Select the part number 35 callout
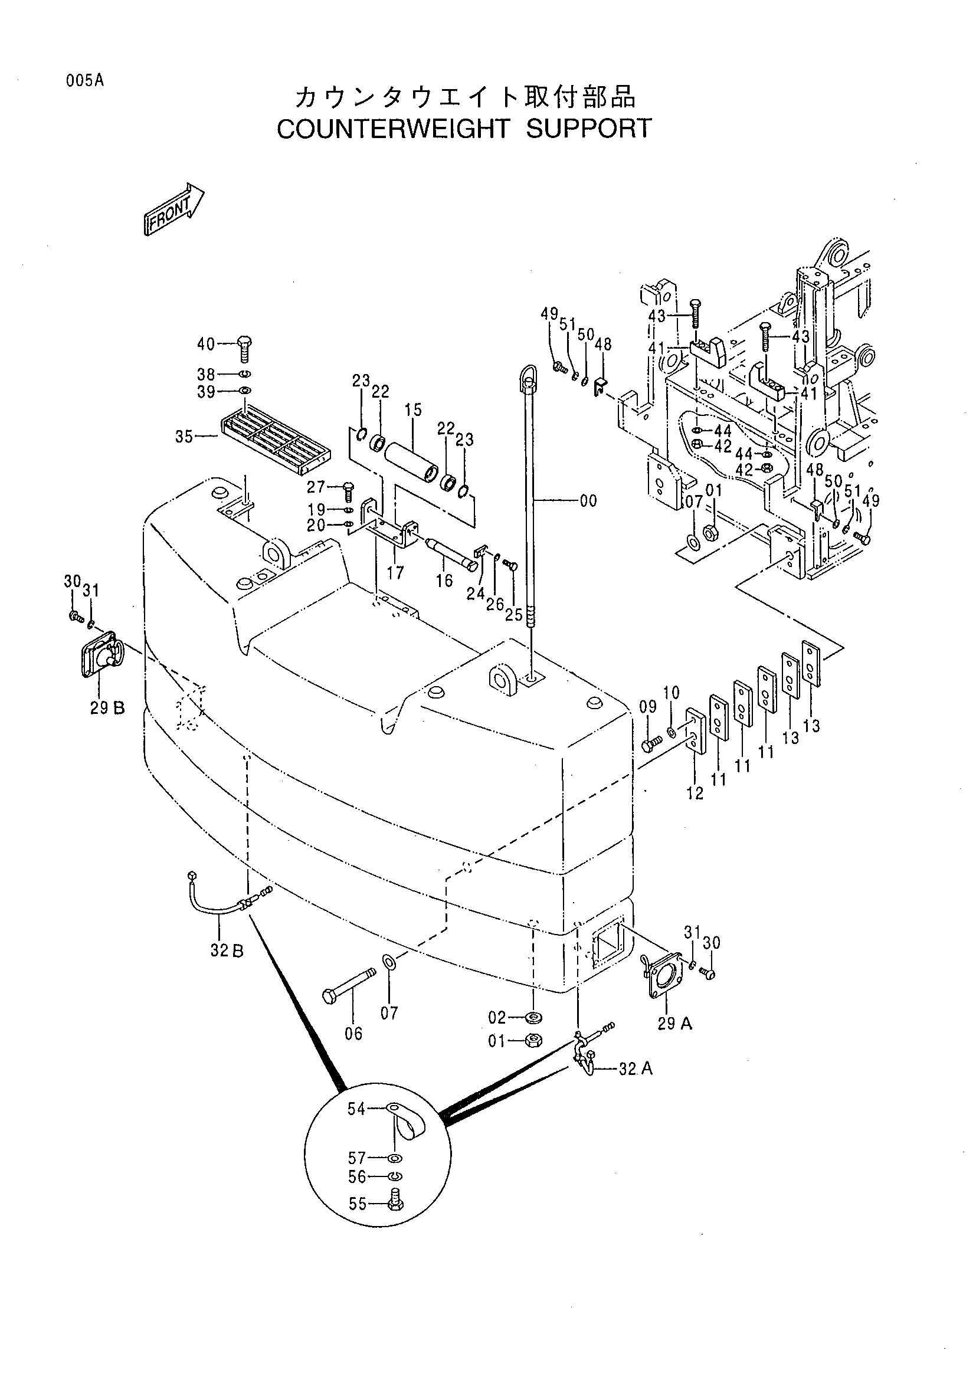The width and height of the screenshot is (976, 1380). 184,437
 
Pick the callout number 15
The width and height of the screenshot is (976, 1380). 413,410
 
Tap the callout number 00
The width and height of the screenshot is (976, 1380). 589,500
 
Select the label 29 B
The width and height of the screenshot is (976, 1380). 107,708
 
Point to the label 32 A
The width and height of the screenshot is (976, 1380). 636,1068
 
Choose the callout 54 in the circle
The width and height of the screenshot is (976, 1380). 356,1109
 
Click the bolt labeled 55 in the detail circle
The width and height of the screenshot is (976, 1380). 396,1203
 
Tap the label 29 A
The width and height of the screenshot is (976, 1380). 675,1024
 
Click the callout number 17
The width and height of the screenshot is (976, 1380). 395,572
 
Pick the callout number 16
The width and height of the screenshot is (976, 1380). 445,580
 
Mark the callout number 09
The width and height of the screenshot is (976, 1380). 647,707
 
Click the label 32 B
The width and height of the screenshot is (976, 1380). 227,952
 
